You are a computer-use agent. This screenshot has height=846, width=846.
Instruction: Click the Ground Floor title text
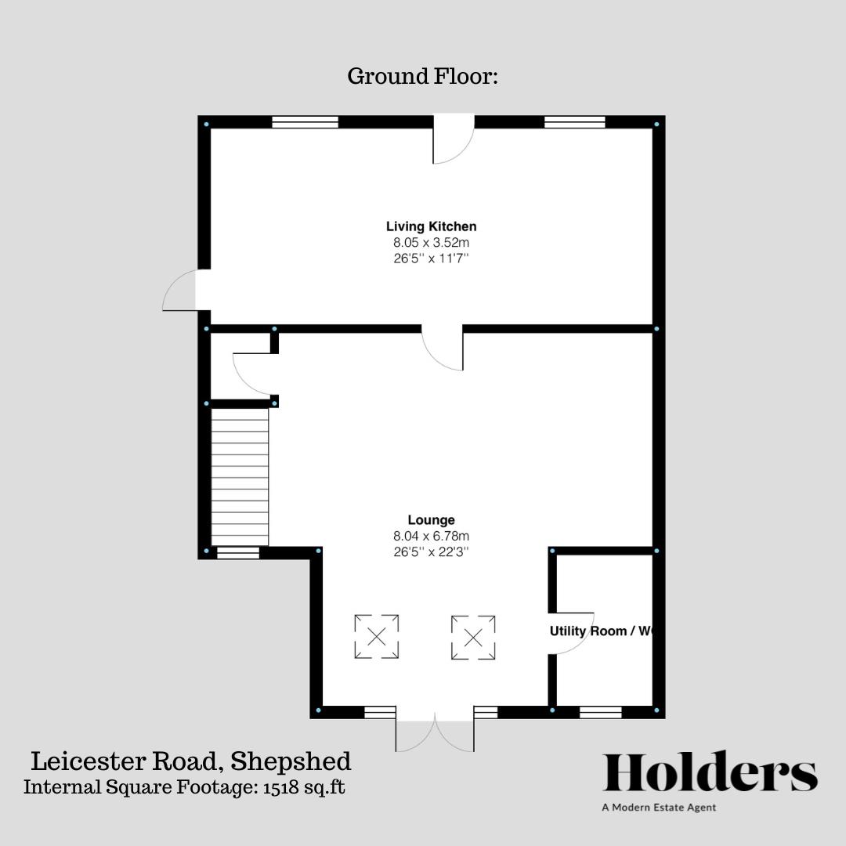click(422, 77)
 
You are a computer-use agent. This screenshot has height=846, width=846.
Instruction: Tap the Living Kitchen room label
click(431, 226)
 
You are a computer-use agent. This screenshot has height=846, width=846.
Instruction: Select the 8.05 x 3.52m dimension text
click(431, 242)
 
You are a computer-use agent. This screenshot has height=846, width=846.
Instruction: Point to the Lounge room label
click(431, 519)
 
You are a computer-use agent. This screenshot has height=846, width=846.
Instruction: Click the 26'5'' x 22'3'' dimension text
click(431, 551)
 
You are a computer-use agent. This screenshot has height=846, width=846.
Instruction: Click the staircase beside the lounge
click(240, 478)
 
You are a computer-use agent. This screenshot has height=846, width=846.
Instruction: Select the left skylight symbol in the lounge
click(376, 636)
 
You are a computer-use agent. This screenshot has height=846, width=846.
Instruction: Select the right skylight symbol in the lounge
click(473, 636)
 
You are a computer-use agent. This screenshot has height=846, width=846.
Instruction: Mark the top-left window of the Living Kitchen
click(305, 121)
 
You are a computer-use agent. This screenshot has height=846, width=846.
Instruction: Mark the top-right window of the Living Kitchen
click(574, 121)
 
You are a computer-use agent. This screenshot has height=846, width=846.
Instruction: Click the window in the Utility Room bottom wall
click(600, 712)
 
